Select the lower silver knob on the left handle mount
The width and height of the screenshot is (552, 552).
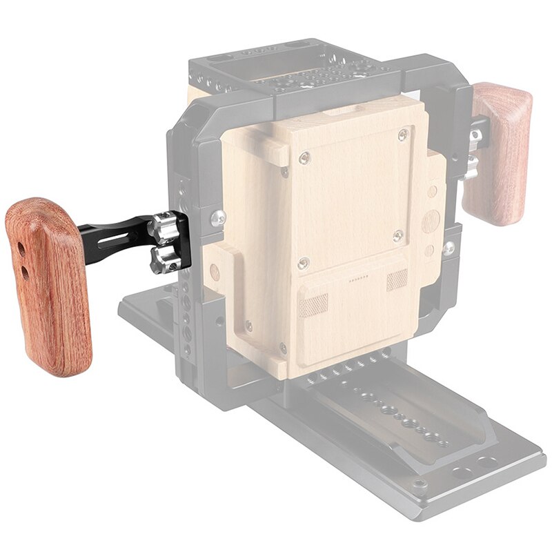pyautogui.click(x=164, y=259)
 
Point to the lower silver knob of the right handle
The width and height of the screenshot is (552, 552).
pyautogui.click(x=471, y=166)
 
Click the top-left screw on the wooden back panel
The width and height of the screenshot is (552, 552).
pyautogui.click(x=304, y=158)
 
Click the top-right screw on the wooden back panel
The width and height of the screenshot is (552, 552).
pyautogui.click(x=402, y=136)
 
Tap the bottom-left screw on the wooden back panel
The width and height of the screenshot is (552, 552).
pyautogui.click(x=303, y=262)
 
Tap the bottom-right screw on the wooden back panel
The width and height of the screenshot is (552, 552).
pyautogui.click(x=397, y=237)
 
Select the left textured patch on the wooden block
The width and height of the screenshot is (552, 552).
pyautogui.click(x=314, y=304)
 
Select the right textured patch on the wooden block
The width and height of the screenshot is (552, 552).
pyautogui.click(x=397, y=279)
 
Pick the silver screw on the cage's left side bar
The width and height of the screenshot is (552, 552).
pyautogui.click(x=218, y=218)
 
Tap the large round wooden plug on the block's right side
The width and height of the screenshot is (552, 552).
pyautogui.click(x=431, y=221)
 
